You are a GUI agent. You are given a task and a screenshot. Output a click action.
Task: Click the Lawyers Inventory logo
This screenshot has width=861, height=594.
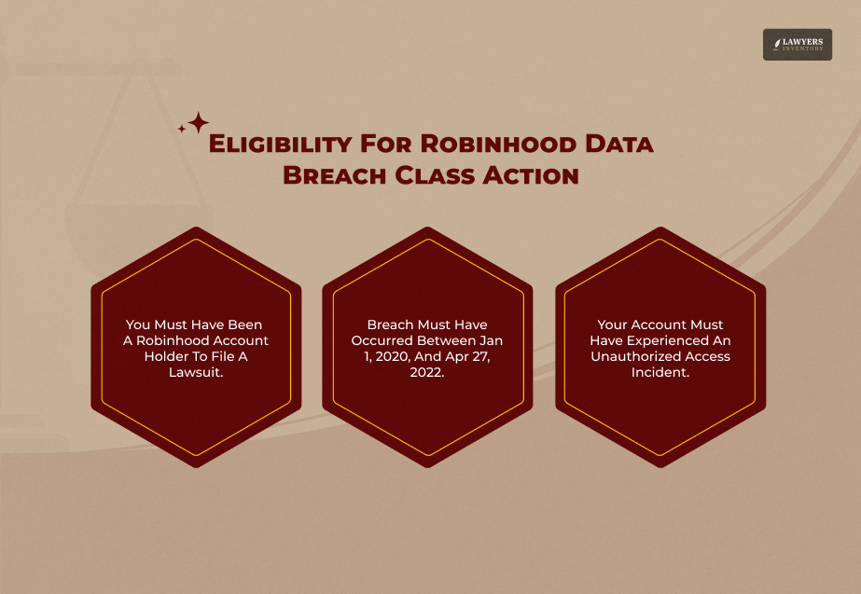coord(797,44)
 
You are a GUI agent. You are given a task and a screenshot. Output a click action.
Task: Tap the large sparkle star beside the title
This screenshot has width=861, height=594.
coord(198,122)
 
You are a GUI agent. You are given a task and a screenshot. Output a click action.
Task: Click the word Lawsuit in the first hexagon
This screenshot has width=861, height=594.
coord(194,372)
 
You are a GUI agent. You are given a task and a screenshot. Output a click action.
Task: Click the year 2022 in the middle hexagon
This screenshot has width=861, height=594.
coord(427,372)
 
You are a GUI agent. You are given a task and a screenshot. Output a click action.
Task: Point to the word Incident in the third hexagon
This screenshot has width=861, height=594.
coord(660,372)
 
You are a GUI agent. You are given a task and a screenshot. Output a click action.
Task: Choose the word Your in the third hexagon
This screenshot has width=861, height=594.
coord(612,325)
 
